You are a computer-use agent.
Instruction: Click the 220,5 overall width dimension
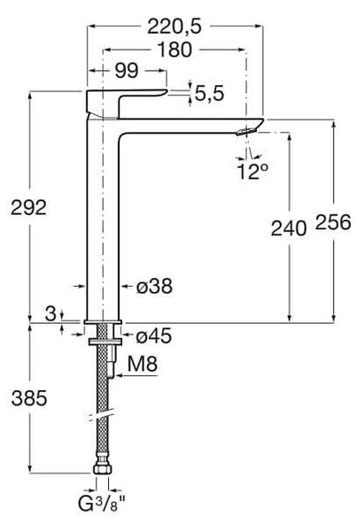tap(174, 27)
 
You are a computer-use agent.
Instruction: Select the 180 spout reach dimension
tap(174, 50)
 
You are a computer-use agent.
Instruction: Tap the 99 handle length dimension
tap(127, 71)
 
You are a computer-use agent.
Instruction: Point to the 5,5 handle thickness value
tap(209, 93)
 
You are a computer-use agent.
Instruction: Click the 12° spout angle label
tap(252, 172)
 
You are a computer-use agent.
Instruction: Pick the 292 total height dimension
tap(28, 208)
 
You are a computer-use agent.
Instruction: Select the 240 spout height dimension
tap(289, 228)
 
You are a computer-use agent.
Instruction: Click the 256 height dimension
tap(333, 222)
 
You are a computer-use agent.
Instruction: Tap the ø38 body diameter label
tap(154, 286)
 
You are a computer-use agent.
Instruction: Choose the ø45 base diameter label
tap(154, 336)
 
